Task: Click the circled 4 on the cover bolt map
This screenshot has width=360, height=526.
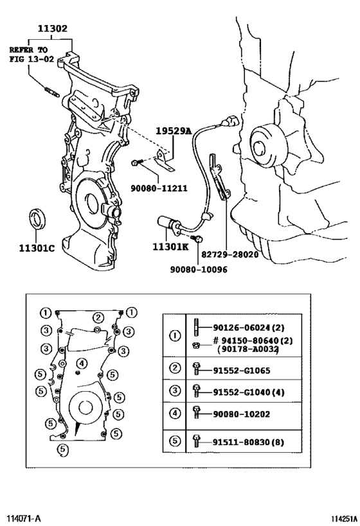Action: click(x=80, y=364)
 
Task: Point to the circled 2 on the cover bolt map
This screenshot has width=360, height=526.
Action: click(x=98, y=317)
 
